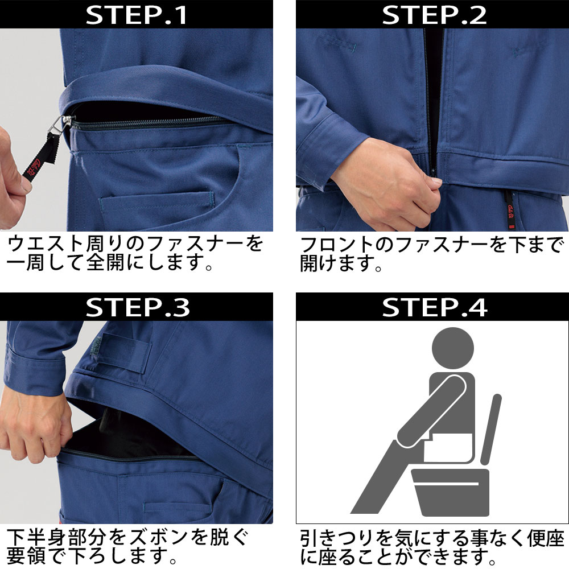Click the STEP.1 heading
click(137, 15)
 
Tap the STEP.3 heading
click(137, 307)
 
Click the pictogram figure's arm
click(432, 410)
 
